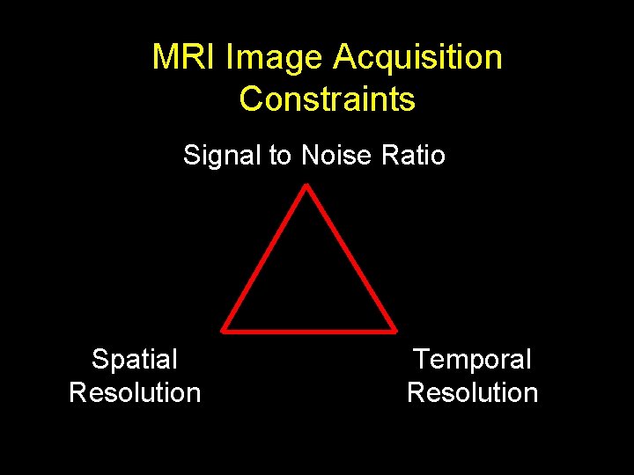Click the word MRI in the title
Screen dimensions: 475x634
185,58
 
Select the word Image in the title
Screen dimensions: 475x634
275,58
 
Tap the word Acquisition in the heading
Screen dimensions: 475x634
417,58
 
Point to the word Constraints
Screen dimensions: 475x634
327,99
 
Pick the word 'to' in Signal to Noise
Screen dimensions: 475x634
281,156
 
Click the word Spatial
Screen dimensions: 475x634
135,360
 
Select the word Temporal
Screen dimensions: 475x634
473,360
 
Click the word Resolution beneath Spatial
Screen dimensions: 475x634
135,392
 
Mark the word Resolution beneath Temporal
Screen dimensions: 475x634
473,392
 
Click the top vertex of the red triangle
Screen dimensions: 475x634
306,186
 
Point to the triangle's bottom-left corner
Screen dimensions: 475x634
224,330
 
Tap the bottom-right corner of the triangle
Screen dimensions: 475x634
393,330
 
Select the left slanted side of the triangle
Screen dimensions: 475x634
264,258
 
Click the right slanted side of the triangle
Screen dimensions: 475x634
350,258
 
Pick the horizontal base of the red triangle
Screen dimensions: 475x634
308,331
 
